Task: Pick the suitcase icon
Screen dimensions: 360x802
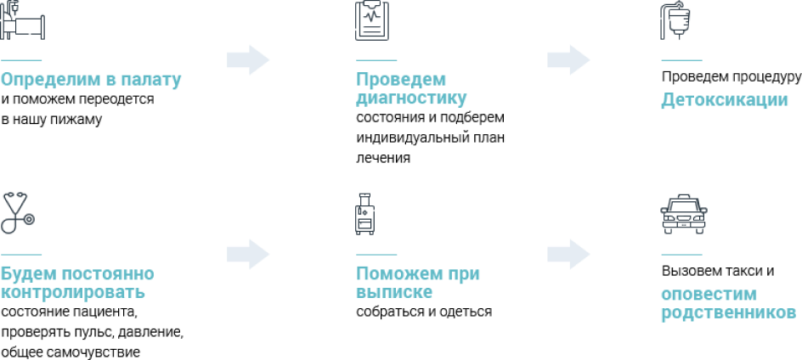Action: coord(366,214)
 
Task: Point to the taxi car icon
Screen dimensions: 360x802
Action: coord(683,214)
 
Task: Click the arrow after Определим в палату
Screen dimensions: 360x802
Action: coord(248,60)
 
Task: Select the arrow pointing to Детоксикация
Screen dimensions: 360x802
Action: coord(568,60)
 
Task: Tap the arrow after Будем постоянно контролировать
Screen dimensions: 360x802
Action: coord(248,254)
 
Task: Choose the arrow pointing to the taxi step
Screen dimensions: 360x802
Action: coord(568,254)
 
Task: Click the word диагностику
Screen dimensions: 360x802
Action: coord(411,98)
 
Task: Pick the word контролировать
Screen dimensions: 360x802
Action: coord(73,293)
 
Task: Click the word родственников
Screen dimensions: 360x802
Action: coord(728,313)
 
